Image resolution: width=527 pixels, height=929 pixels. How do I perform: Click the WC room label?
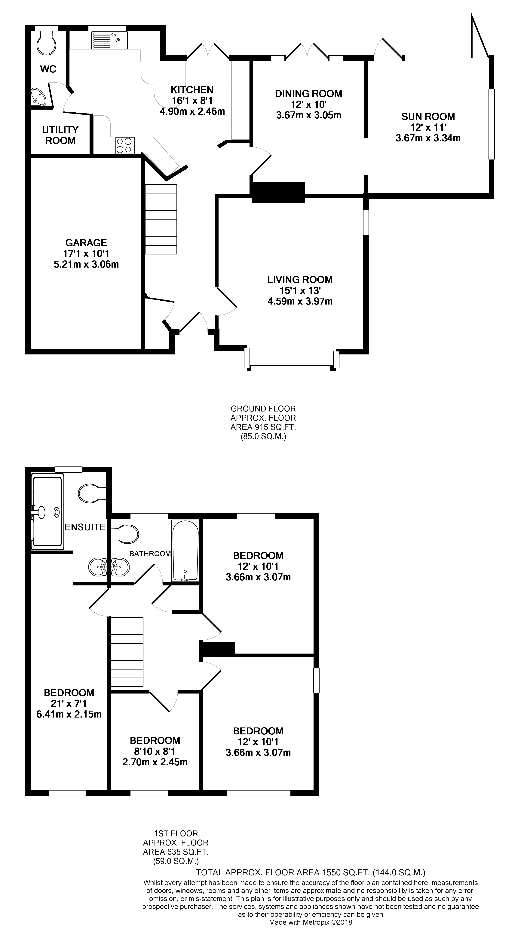[48, 69]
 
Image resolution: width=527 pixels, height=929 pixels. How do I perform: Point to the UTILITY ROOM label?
[60, 135]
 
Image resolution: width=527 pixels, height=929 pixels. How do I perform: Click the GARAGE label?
[86, 243]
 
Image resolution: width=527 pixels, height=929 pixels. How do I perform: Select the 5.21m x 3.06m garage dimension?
[86, 264]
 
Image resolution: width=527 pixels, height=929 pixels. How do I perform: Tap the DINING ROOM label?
[308, 94]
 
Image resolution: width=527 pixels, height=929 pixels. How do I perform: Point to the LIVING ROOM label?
[300, 280]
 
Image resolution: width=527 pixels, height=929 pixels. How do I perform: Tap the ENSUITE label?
[85, 527]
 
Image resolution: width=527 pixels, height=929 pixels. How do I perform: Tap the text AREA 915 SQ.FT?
[263, 427]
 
